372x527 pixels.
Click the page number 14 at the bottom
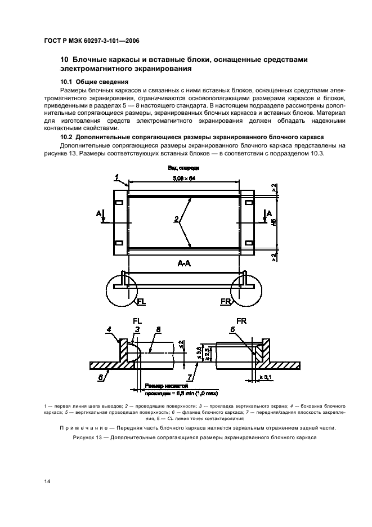coord(47,481)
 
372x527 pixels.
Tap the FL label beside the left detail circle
coord(141,302)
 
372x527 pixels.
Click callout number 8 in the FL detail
coord(159,329)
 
